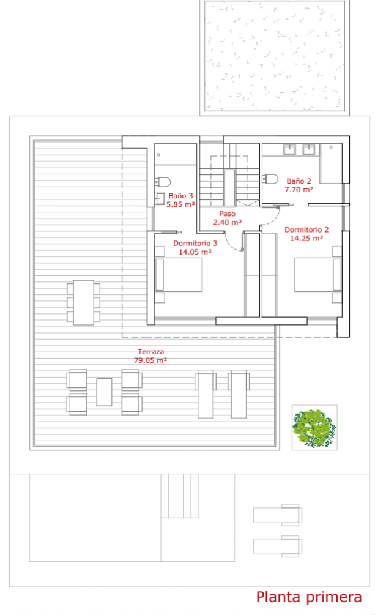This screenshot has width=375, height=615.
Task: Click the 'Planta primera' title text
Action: [x=309, y=597]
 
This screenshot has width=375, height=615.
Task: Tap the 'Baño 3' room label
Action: [x=181, y=195]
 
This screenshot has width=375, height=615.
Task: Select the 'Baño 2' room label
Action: [x=299, y=181]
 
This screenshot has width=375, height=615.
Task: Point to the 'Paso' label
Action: [x=227, y=214]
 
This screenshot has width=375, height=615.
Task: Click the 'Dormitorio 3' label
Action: [x=195, y=243]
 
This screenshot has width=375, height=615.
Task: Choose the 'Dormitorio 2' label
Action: [x=306, y=229]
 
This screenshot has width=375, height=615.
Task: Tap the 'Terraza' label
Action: [x=150, y=352]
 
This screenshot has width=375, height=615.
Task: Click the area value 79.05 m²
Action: [x=150, y=360]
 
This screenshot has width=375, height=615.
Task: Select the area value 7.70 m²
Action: [x=299, y=190]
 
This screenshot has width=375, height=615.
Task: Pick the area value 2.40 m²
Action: [x=227, y=222]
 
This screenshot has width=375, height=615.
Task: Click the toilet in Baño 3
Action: [x=163, y=182]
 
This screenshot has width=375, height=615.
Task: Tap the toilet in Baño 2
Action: [x=270, y=179]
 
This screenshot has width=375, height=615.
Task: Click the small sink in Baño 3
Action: [x=160, y=198]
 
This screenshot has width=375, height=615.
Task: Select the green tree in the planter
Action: [x=314, y=428]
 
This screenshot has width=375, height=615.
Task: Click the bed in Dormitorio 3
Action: [x=179, y=275]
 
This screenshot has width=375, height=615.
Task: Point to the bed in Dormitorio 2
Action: [x=318, y=275]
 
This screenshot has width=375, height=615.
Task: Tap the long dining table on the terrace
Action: [x=84, y=302]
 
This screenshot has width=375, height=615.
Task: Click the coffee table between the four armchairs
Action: [x=105, y=392]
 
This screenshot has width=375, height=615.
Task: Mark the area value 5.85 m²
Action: [x=181, y=204]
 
